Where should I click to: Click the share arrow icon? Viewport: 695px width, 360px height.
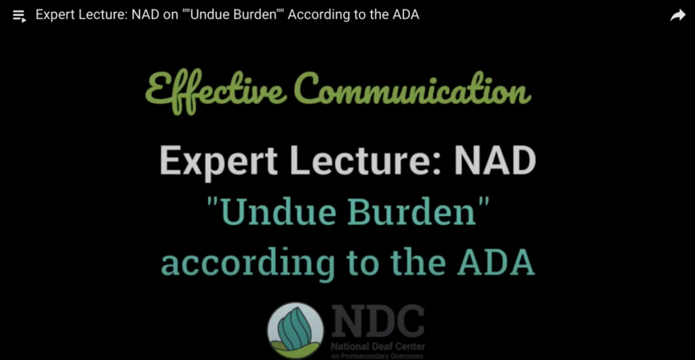(677, 16)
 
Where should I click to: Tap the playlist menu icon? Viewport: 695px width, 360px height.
(19, 16)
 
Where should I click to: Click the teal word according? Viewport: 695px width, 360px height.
(247, 262)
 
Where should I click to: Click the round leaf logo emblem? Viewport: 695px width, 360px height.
(295, 330)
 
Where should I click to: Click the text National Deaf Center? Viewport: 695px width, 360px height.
(378, 346)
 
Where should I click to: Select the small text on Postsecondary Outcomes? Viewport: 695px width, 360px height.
(377, 356)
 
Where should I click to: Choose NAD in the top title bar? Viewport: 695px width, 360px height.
(144, 15)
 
